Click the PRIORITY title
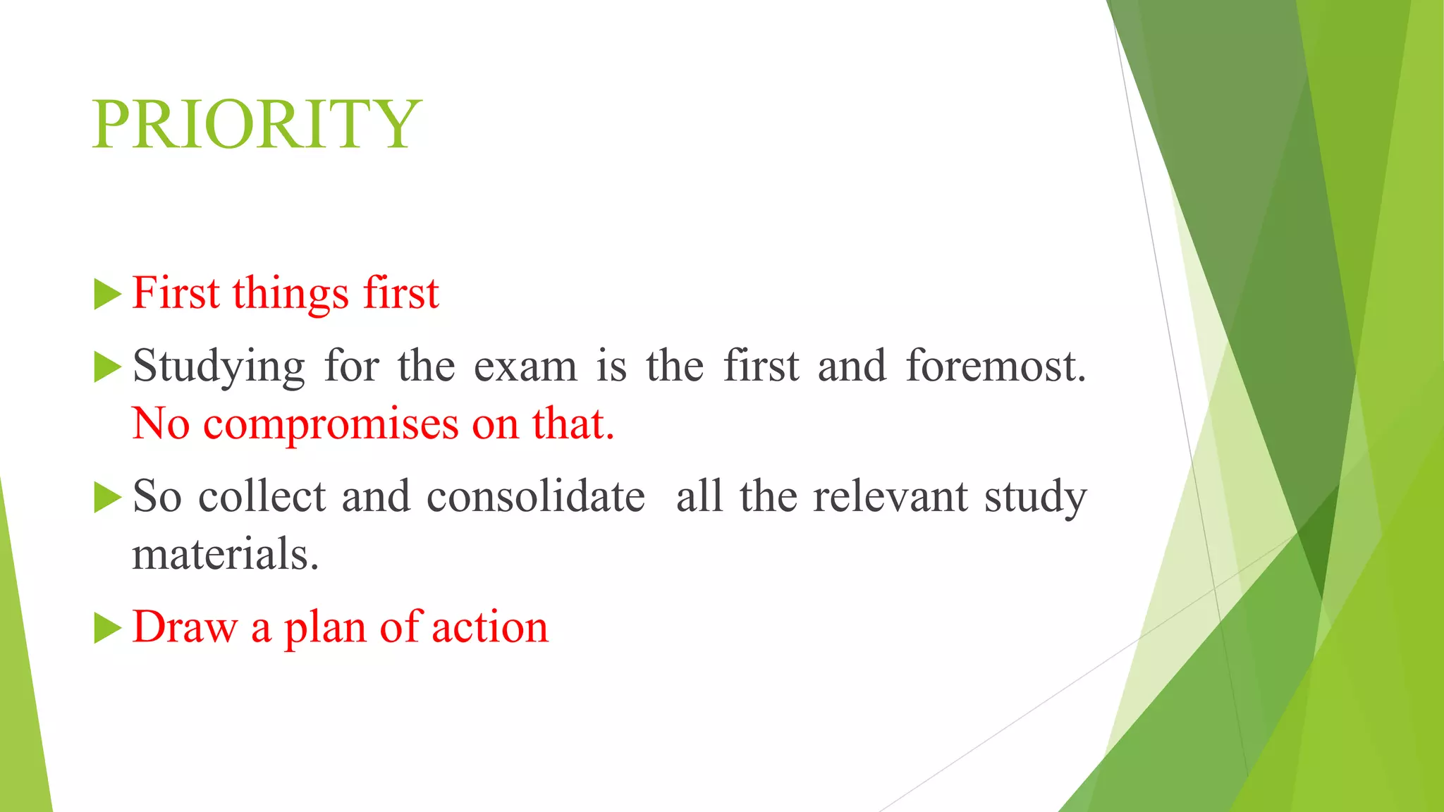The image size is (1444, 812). coord(257,125)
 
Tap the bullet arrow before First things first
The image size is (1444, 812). coord(107,294)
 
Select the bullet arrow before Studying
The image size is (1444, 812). coord(107,367)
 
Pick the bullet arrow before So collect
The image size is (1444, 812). coord(107,498)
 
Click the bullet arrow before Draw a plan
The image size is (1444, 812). coord(107,628)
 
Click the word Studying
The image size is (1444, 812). coord(219,367)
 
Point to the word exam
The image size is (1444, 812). coord(525,367)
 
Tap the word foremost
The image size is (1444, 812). coord(995,366)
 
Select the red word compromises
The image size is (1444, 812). coord(331,425)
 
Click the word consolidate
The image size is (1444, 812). coord(536,496)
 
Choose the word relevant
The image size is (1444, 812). coord(890,496)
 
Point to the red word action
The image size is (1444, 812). coord(489,627)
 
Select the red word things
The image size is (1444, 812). coord(290,294)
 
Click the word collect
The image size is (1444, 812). coord(262,496)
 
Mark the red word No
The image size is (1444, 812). coord(161,424)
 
